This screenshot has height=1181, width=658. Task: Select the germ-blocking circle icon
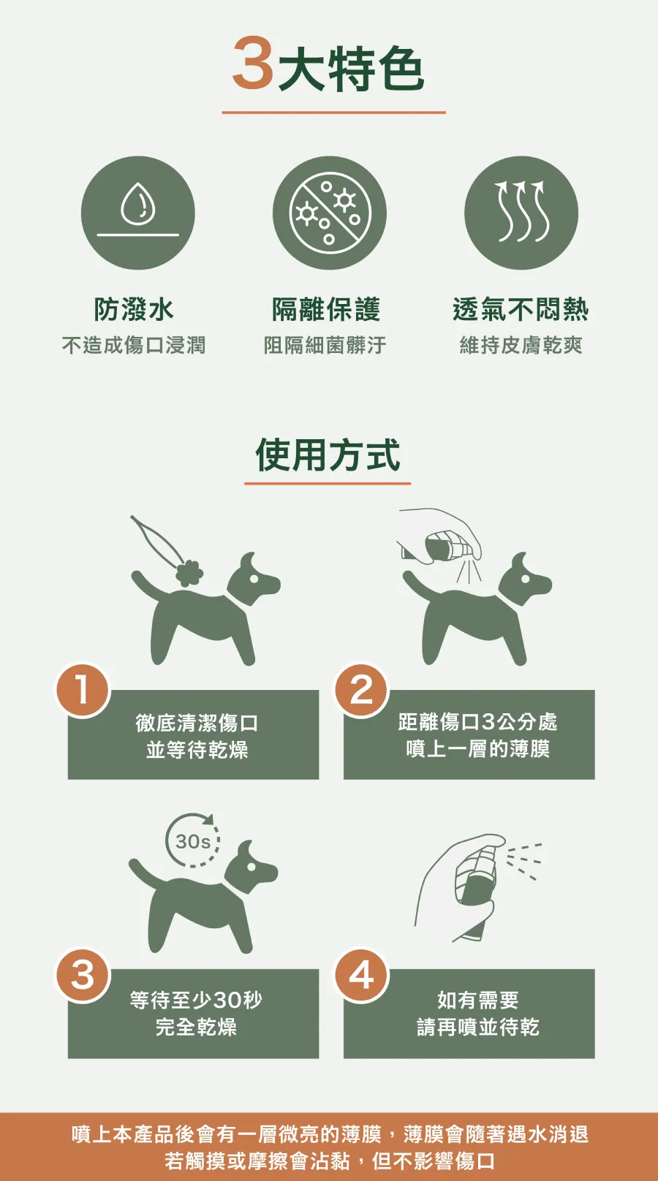[330, 213]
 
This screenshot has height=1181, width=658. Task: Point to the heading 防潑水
[133, 309]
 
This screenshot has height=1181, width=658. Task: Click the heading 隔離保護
[326, 309]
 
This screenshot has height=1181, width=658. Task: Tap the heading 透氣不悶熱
[521, 309]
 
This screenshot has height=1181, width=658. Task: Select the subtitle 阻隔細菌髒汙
[325, 346]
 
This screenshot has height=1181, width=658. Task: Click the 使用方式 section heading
[328, 455]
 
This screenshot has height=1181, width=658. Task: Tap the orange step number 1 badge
[83, 690]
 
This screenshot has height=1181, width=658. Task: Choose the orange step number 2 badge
[362, 690]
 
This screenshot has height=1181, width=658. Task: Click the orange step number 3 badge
[83, 975]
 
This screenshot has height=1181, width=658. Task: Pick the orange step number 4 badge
[362, 975]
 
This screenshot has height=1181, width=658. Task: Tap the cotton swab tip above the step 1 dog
[189, 574]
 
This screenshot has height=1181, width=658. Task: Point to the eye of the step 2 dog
[525, 579]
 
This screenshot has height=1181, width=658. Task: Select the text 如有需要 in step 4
[477, 999]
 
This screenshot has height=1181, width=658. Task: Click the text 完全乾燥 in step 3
[196, 1027]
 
